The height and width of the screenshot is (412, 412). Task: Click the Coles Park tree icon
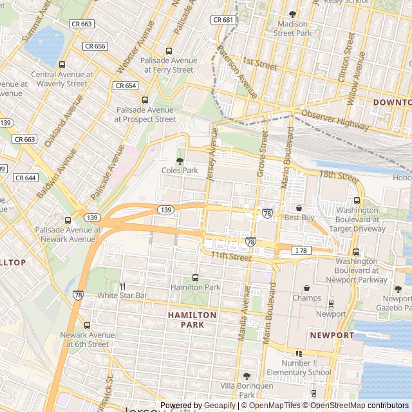180,160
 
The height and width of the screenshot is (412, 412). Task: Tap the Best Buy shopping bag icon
299,209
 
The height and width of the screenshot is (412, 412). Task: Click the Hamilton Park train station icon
195,277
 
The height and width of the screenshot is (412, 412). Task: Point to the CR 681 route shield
223,20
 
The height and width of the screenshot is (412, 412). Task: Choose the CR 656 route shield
95,46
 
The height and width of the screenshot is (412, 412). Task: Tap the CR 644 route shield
25,178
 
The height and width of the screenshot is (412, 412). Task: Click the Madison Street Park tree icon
292,14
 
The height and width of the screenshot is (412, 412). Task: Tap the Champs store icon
306,288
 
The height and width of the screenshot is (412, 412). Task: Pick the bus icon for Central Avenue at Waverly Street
62,64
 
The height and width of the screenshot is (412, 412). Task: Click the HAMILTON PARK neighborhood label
192,320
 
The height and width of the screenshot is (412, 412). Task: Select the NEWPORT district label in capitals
332,335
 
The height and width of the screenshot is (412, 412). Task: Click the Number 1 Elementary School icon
299,353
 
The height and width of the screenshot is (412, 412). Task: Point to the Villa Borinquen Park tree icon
247,375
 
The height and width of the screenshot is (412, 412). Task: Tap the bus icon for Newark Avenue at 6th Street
87,325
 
